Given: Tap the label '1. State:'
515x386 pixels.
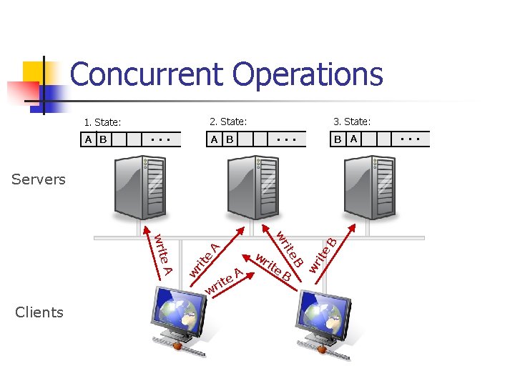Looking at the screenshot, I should [x=102, y=122].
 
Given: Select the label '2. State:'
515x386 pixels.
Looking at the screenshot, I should [x=228, y=122].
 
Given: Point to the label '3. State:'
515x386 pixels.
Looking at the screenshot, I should [x=352, y=122].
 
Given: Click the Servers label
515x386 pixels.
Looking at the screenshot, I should [x=39, y=179].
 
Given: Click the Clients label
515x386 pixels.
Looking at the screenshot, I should [x=39, y=312].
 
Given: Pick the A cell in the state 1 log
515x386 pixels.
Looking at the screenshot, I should [x=89, y=139].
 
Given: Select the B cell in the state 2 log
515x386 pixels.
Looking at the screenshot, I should [x=230, y=139].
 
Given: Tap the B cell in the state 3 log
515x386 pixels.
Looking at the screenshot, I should [x=338, y=139].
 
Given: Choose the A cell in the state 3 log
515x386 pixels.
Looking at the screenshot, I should [x=353, y=139].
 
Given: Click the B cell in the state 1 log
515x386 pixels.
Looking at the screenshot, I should [x=104, y=139].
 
